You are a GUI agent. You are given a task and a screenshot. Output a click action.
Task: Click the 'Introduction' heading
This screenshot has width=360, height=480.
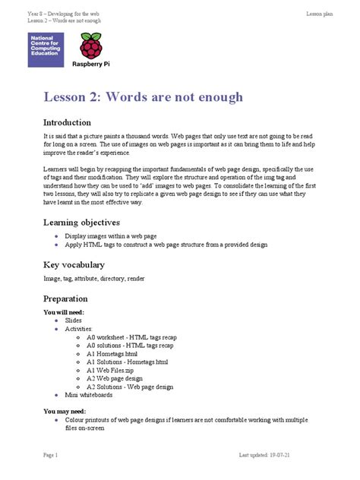pyautogui.click(x=68, y=122)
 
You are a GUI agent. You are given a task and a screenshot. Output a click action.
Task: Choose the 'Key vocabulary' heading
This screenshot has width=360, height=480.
pyautogui.click(x=74, y=265)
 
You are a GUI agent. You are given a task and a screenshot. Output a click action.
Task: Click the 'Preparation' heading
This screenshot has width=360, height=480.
pyautogui.click(x=65, y=298)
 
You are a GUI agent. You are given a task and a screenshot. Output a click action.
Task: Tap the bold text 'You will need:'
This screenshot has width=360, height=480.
pyautogui.click(x=64, y=312)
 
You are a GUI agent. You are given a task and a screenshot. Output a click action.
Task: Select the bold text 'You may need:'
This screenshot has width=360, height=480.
pyautogui.click(x=65, y=410)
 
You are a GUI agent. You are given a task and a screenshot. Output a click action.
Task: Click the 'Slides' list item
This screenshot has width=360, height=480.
pyautogui.click(x=73, y=321)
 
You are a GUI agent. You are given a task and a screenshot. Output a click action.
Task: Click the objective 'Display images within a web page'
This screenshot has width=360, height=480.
pyautogui.click(x=112, y=237)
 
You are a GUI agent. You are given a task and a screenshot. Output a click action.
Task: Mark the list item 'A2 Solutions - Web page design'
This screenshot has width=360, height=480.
pyautogui.click(x=130, y=387)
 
